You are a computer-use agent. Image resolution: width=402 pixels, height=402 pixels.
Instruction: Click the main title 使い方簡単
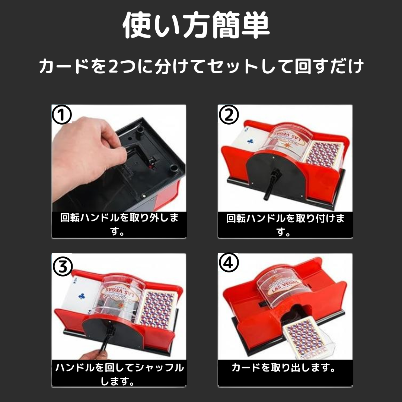[x=196, y=25]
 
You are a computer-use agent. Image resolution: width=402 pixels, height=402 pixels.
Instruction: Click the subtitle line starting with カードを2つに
[x=201, y=66]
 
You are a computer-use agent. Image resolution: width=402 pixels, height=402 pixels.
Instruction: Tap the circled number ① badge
[x=62, y=115]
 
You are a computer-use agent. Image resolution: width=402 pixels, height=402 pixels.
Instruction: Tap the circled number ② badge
[x=229, y=115]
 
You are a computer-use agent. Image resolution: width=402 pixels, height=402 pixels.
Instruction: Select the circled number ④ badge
[x=229, y=263]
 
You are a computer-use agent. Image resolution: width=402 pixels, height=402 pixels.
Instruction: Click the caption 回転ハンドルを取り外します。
[x=119, y=224]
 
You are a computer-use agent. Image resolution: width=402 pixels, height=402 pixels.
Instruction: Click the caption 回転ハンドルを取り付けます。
[x=285, y=224]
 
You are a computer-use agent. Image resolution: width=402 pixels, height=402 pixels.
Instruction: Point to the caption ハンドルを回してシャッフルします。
[x=119, y=374]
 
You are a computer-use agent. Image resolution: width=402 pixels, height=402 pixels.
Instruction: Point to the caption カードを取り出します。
[x=284, y=367]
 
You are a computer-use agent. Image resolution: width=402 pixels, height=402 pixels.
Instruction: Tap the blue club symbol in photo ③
[x=82, y=296]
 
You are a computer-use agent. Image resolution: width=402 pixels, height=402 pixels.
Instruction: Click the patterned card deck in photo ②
[x=323, y=154]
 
